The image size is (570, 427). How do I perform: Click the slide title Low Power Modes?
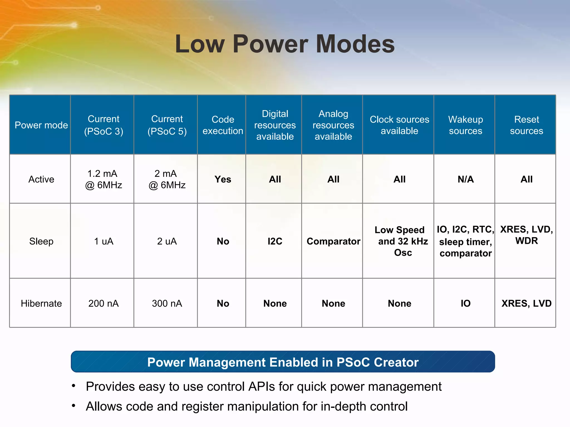click(285, 44)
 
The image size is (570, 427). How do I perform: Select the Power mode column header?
click(41, 125)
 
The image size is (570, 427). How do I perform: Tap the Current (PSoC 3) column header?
click(104, 125)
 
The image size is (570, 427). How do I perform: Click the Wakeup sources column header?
click(465, 125)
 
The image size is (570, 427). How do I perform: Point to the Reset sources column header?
click(526, 125)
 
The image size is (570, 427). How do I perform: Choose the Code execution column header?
click(223, 125)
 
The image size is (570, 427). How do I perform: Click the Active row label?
click(41, 179)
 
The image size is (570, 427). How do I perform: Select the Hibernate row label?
click(41, 303)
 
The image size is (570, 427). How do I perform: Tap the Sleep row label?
click(41, 241)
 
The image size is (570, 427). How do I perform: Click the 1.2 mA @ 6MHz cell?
click(104, 179)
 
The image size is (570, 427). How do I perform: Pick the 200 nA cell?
click(104, 303)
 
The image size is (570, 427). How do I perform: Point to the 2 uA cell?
click(167, 241)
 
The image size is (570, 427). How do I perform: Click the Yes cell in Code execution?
click(223, 179)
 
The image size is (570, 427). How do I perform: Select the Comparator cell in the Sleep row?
click(333, 241)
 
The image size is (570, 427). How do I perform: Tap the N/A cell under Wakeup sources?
click(465, 179)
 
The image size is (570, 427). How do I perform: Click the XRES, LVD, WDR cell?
click(526, 235)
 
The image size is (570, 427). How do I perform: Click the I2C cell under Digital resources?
click(275, 241)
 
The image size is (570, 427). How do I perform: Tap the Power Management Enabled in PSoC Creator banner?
click(283, 362)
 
